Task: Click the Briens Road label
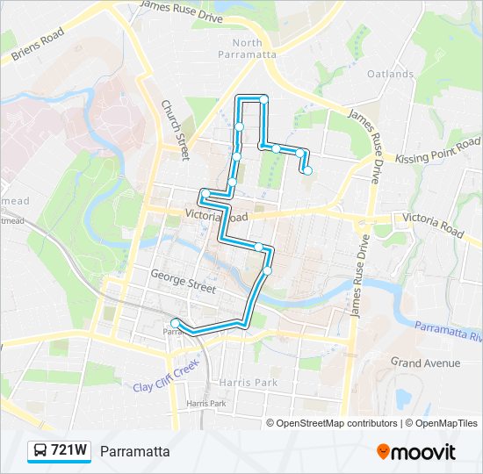39,46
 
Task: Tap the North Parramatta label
247,48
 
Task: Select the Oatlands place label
390,74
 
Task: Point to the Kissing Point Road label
437,151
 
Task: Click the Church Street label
175,129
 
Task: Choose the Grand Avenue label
426,363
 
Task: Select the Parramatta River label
448,331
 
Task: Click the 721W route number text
69,451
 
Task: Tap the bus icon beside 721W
40,451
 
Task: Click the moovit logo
416,451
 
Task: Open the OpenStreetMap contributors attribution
336,423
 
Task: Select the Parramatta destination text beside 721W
134,451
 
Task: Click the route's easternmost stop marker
308,170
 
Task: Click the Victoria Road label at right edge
431,224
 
